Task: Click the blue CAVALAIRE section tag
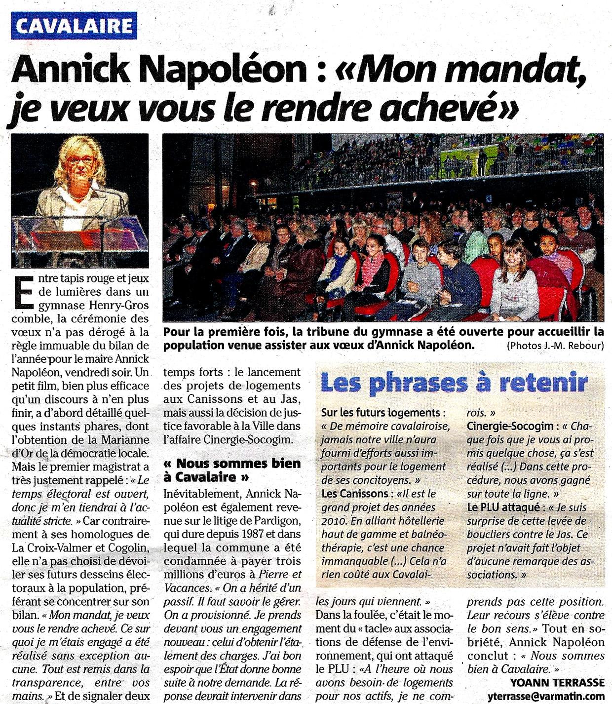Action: tap(75, 26)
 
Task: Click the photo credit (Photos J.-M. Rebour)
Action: tap(555, 346)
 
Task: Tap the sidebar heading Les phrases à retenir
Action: tap(454, 383)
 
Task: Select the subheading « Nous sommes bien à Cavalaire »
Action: tap(231, 470)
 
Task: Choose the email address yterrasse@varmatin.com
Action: tap(548, 696)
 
